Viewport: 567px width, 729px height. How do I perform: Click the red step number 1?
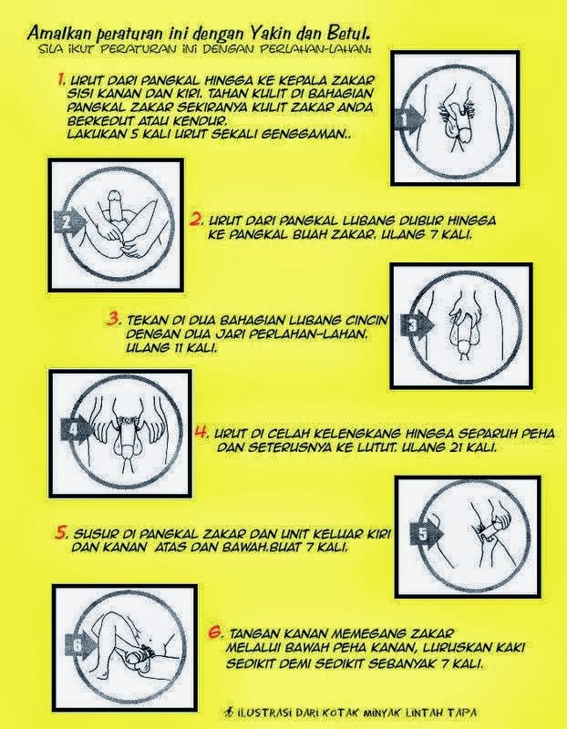click(x=61, y=79)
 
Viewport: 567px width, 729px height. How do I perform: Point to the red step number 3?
click(x=114, y=320)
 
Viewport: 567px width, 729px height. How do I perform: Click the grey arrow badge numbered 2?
click(x=69, y=221)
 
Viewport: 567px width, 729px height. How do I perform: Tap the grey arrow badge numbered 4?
click(x=77, y=428)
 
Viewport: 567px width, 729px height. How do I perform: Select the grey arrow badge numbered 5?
click(x=425, y=533)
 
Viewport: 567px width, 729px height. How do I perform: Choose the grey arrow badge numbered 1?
click(x=409, y=119)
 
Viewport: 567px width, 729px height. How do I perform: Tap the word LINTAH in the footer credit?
click(x=425, y=712)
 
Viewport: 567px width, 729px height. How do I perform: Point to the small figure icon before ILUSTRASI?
click(x=230, y=712)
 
